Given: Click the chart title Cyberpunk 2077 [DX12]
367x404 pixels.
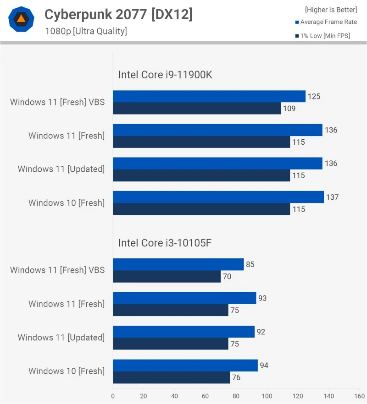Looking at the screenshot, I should tap(118, 15).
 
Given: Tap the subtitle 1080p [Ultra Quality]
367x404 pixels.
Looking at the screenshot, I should tap(86, 31).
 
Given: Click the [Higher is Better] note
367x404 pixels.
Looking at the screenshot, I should tap(331, 10).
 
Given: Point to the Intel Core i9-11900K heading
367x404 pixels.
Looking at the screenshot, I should tap(165, 75).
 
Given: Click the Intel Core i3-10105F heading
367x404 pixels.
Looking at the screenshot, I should tap(165, 243).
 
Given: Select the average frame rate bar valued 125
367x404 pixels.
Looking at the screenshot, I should tap(209, 96).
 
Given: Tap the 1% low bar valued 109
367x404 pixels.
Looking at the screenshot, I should tap(197, 108).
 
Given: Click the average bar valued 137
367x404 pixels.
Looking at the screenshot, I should tap(218, 197).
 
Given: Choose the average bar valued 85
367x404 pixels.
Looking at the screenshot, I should tap(178, 264).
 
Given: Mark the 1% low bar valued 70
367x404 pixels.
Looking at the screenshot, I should tap(167, 276).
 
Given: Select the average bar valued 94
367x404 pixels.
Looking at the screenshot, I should tap(185, 365).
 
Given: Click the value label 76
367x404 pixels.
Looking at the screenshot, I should tap(236, 377).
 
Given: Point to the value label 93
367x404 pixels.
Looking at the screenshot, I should tap(262, 298).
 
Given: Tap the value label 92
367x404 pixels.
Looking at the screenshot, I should tap(261, 332).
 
